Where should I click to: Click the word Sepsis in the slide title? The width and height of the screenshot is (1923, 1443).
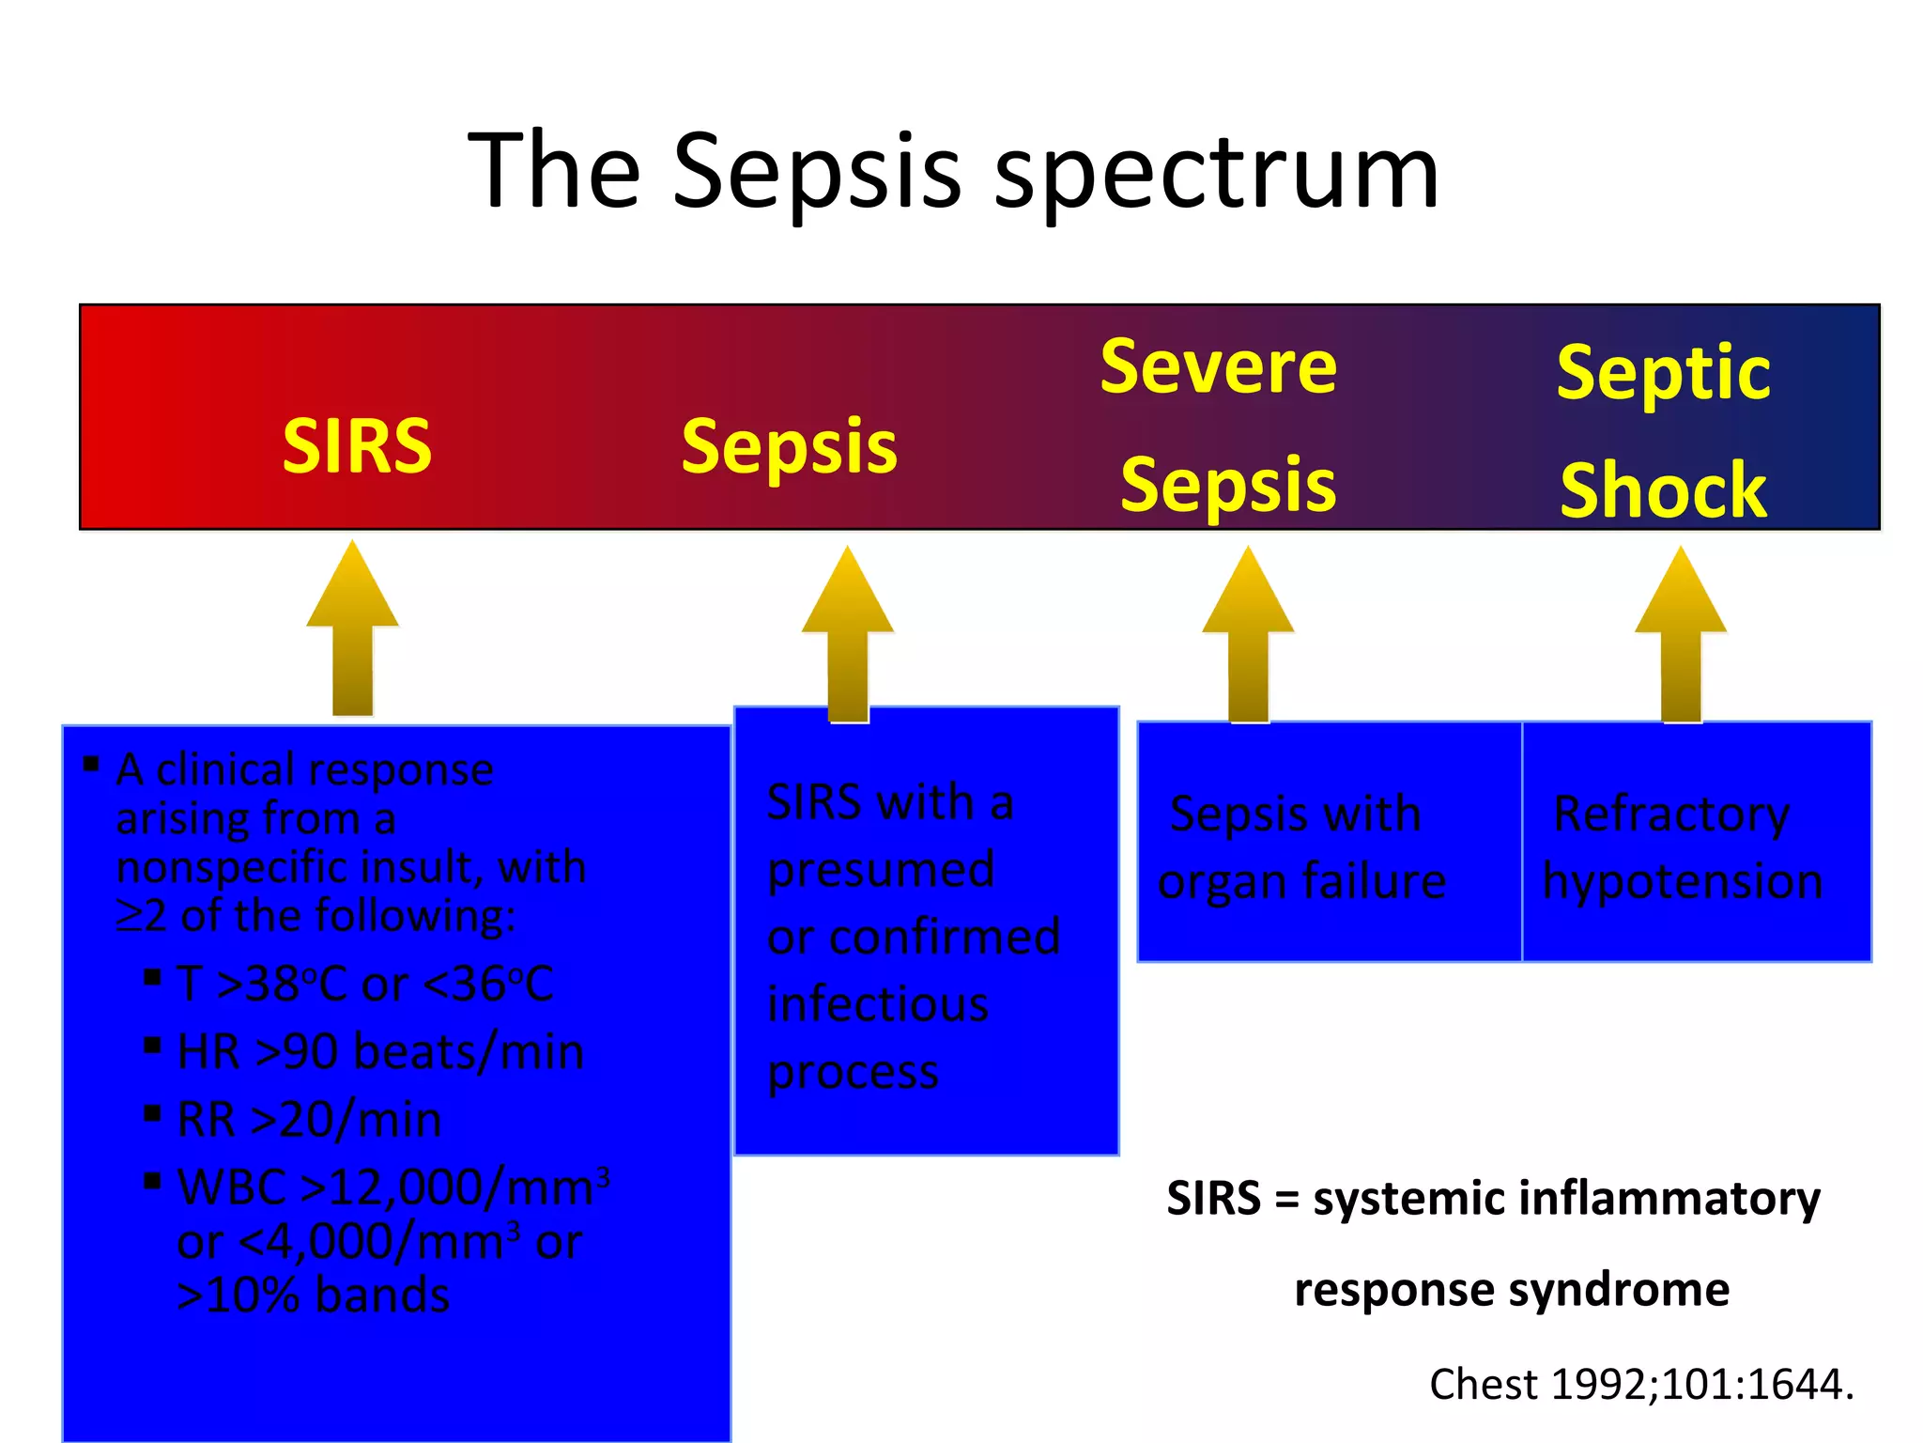[x=817, y=171]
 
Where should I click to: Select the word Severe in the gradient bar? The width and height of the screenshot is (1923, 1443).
[x=1218, y=366]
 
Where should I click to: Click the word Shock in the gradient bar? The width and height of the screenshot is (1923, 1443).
[x=1663, y=489]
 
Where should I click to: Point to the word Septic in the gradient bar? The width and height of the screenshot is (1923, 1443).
[x=1663, y=372]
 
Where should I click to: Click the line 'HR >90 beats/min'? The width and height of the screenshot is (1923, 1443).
[x=380, y=1051]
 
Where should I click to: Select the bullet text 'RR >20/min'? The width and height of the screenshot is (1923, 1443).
[x=309, y=1119]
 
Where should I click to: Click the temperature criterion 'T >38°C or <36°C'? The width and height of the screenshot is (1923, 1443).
[x=365, y=984]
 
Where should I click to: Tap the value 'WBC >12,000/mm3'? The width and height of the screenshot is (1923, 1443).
[x=392, y=1187]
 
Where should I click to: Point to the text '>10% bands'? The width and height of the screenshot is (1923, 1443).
[x=314, y=1295]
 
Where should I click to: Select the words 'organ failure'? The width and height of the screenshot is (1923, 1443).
[x=1301, y=881]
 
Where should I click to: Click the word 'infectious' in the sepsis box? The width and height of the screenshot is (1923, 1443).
[x=878, y=1003]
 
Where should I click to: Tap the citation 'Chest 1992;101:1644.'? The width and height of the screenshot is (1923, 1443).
[x=1641, y=1384]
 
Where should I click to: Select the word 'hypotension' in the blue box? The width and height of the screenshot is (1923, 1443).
[x=1683, y=881]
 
